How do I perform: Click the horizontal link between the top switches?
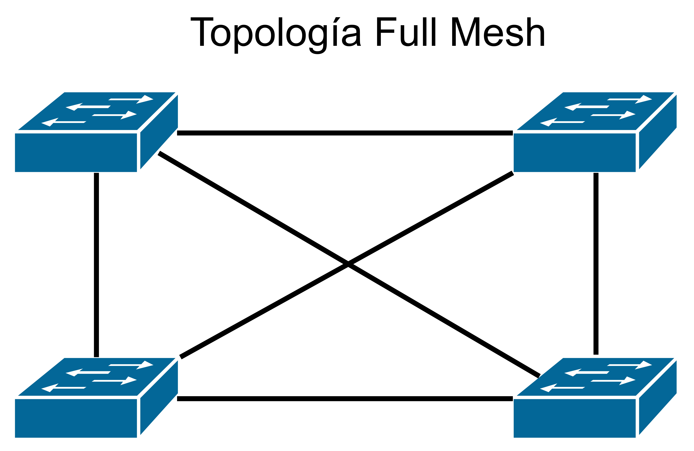pos(344,133)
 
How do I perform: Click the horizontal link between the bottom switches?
pos(344,399)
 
